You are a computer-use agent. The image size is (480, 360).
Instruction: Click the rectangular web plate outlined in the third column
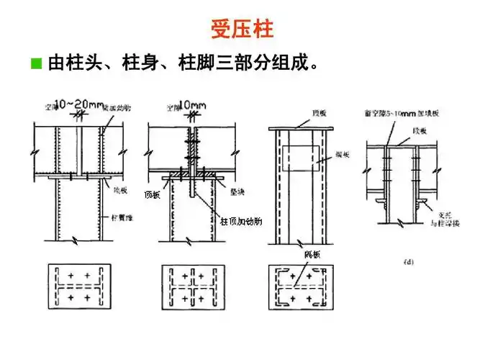302,159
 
